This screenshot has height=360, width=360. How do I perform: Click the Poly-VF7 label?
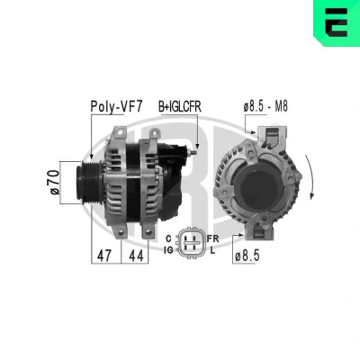point(116,106)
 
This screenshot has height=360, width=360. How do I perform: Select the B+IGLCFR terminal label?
point(180,107)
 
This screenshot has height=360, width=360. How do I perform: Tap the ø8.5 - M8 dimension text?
point(265,106)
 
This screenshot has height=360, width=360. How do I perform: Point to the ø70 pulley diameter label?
point(55,183)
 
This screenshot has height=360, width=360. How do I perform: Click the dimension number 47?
point(104,256)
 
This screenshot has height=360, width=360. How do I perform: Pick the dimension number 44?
point(136,256)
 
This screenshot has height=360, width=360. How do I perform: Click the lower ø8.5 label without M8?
point(247,256)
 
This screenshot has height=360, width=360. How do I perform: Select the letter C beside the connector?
point(168,238)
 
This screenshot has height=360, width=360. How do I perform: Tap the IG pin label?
point(168,249)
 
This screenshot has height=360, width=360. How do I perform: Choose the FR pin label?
point(213,238)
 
